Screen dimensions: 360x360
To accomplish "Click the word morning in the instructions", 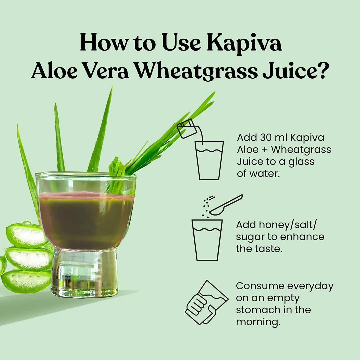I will (x=258, y=322).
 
